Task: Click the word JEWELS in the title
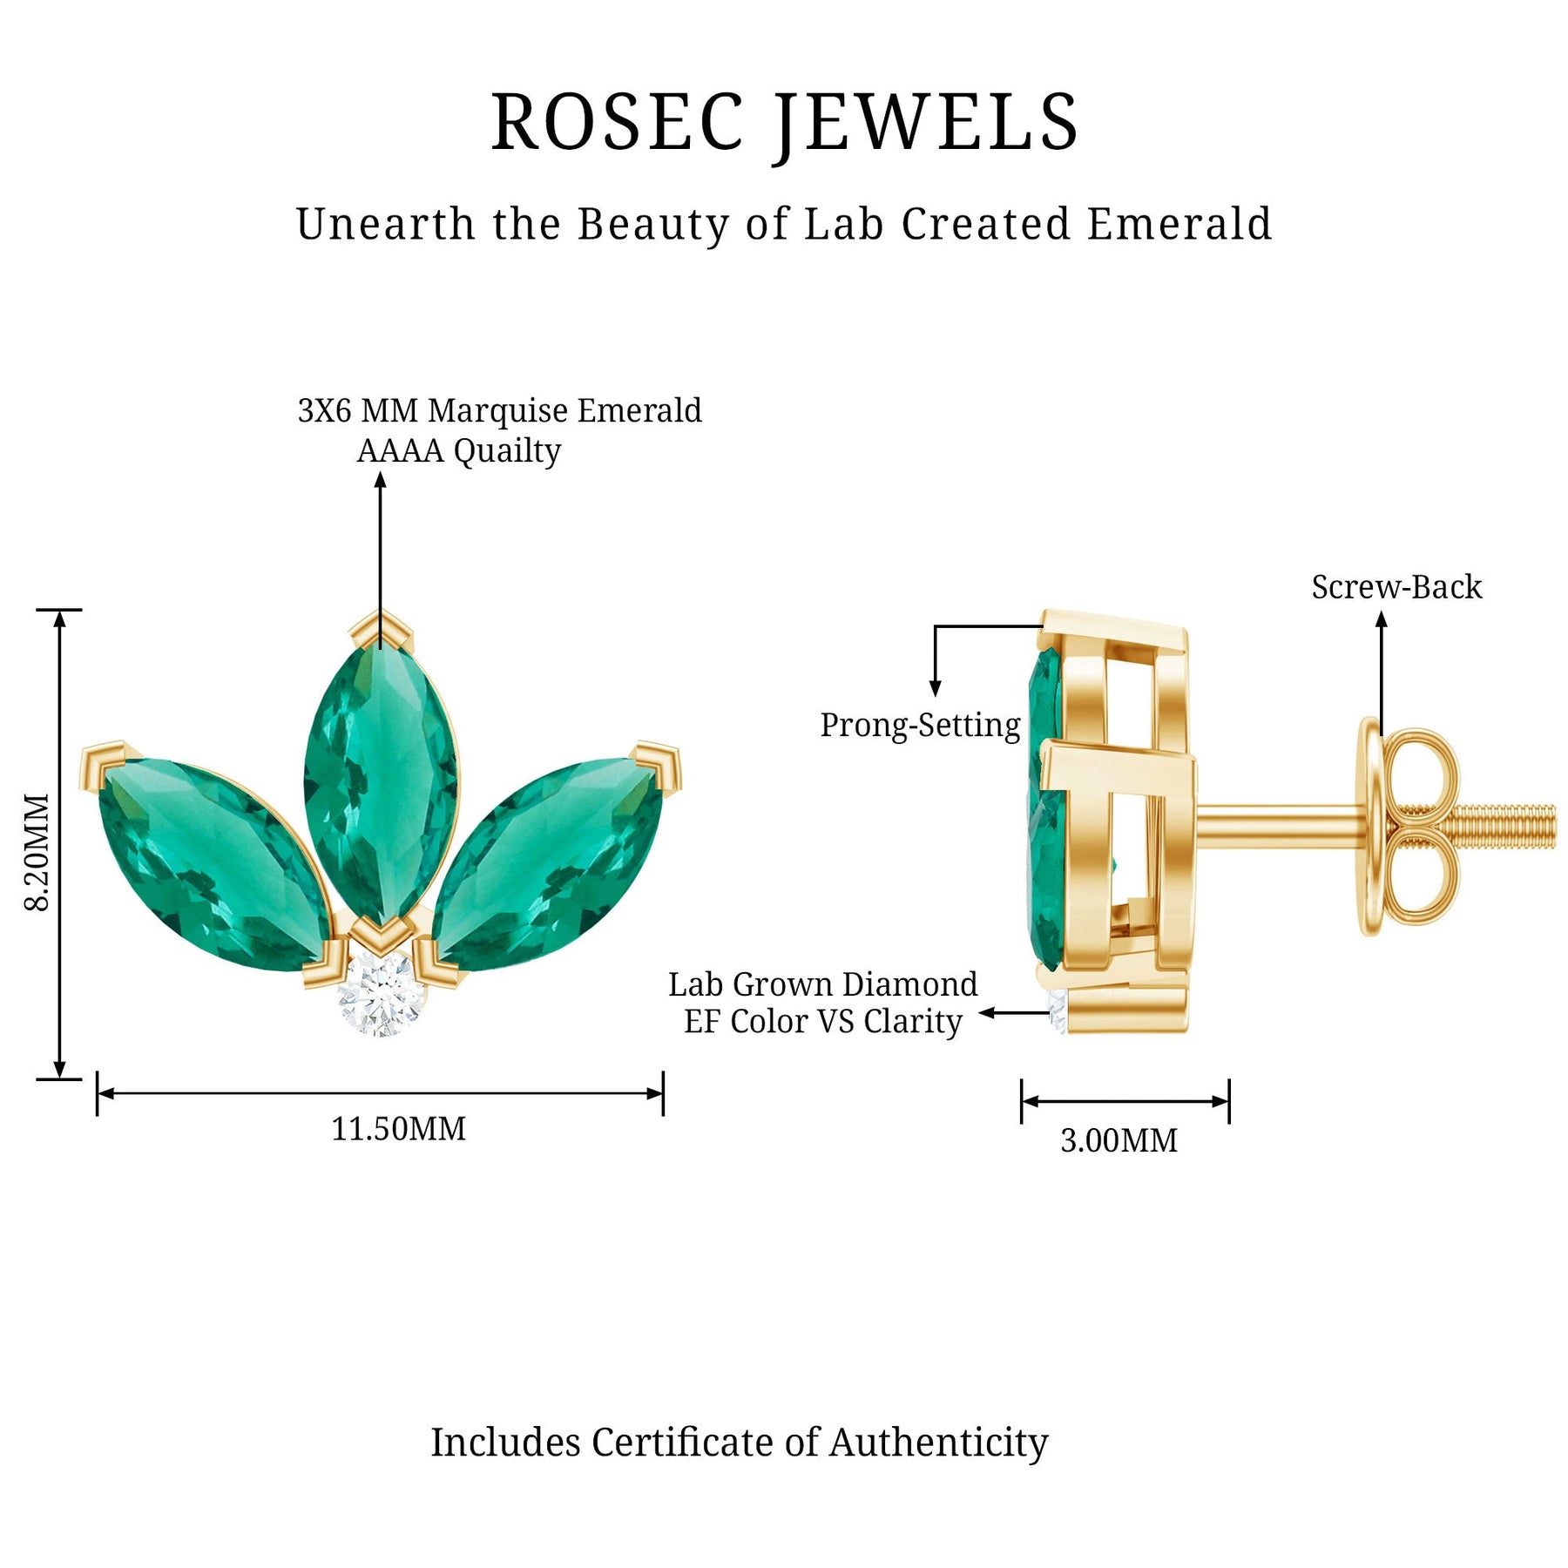(x=927, y=124)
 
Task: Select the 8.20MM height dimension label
(x=37, y=851)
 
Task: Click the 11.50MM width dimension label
(x=398, y=1129)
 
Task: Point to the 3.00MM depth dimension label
(x=1119, y=1140)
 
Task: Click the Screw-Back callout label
(x=1396, y=587)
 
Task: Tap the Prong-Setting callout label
(x=920, y=725)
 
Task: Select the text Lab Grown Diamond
(x=822, y=984)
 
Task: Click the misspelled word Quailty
(x=507, y=450)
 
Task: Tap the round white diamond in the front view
(x=382, y=993)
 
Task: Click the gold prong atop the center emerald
(x=381, y=628)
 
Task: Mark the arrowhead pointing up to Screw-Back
(x=1381, y=619)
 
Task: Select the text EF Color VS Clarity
(x=822, y=1022)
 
